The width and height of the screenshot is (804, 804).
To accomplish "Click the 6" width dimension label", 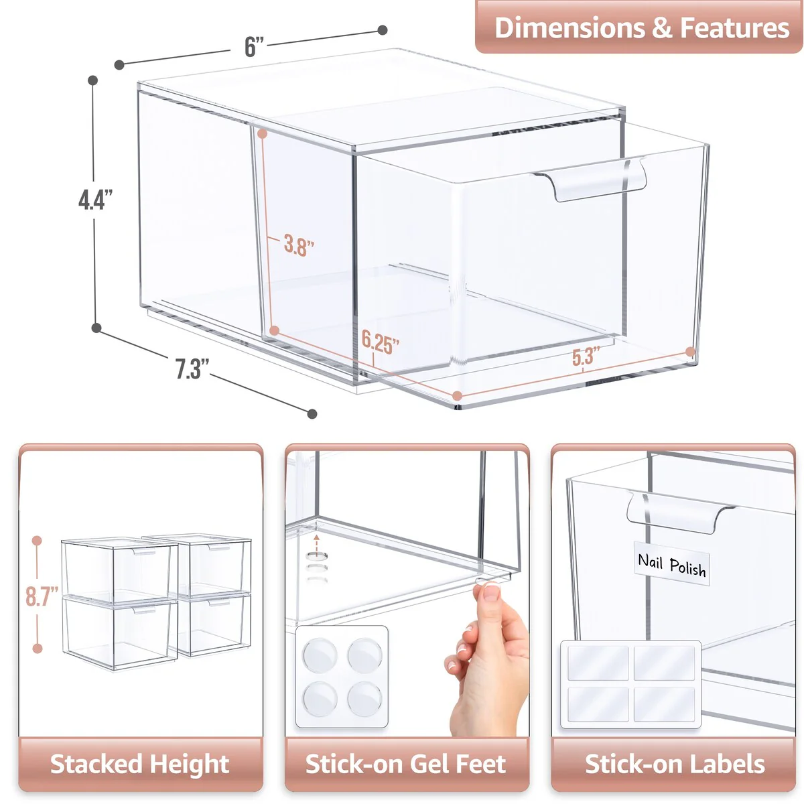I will [254, 47].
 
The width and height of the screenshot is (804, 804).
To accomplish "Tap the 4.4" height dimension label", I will [95, 200].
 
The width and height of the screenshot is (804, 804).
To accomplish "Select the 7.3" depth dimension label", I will [192, 369].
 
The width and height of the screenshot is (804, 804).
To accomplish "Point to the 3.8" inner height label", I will [298, 245].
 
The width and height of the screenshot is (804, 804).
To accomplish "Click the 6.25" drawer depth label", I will [380, 342].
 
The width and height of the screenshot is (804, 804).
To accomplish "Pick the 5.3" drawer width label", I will [585, 357].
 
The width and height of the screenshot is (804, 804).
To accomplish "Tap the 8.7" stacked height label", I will [42, 596].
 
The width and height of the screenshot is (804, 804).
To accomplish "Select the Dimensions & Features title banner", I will [641, 28].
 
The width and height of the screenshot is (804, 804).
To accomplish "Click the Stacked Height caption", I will [140, 764].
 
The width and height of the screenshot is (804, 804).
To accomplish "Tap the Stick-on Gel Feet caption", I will [406, 764].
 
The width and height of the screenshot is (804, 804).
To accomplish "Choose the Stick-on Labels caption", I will [674, 764].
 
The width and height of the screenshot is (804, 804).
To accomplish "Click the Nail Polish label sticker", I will [671, 565].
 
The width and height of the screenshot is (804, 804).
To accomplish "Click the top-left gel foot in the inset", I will [319, 655].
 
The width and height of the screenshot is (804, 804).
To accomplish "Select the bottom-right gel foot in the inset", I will [364, 699].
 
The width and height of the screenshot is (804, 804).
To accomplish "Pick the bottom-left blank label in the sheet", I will [598, 703].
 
